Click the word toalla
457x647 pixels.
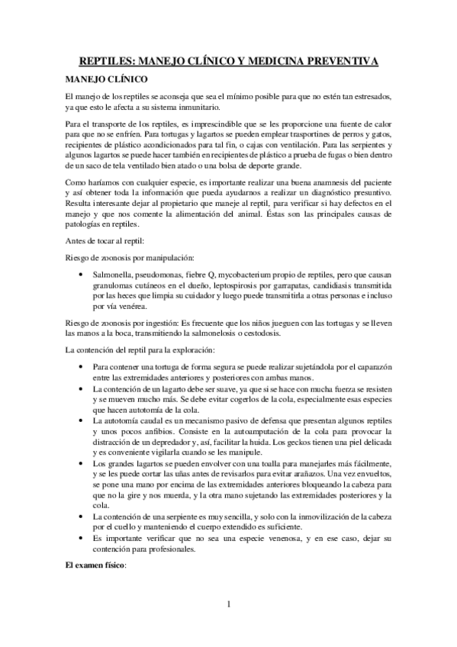tap(272, 464)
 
